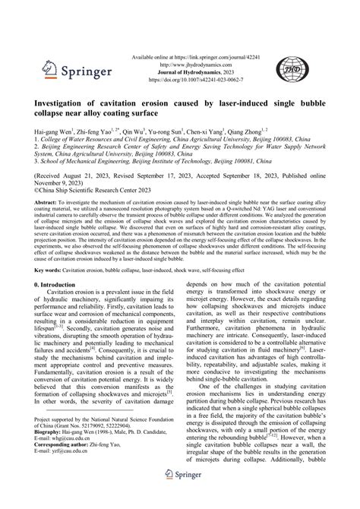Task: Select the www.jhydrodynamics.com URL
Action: tap(199, 65)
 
